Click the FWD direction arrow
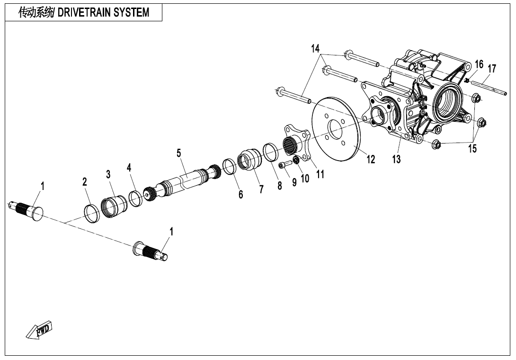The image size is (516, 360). click(x=39, y=330)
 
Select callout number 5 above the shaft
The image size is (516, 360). click(x=179, y=153)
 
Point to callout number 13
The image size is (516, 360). click(x=396, y=159)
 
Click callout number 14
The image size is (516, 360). click(x=315, y=48)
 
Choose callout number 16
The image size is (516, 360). click(x=479, y=64)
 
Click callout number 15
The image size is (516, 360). click(x=472, y=149)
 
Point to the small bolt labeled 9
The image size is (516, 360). click(x=283, y=164)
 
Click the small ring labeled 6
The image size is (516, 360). click(x=229, y=167)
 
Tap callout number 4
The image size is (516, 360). click(x=129, y=168)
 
